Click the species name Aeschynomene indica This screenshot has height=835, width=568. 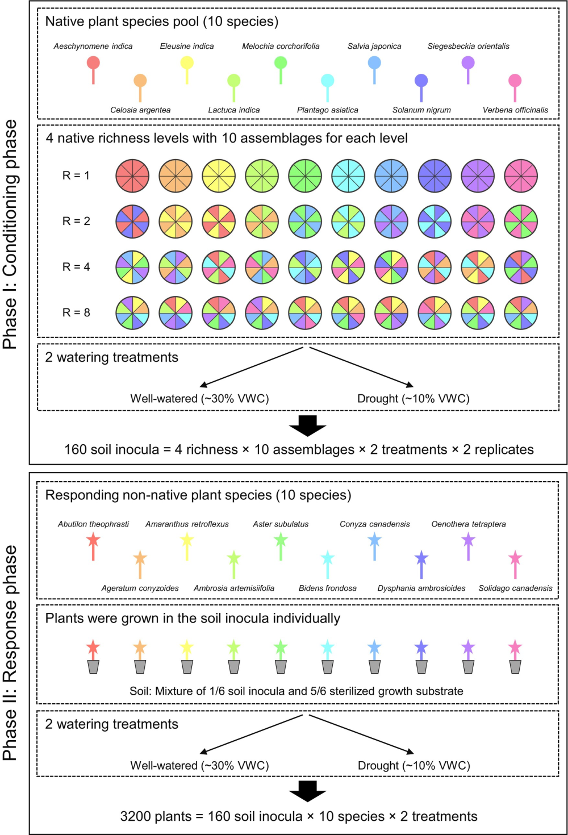tap(93, 46)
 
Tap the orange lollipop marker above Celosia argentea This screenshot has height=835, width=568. tap(140, 87)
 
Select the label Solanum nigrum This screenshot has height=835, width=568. tap(421, 110)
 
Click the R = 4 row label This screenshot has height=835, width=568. tap(76, 267)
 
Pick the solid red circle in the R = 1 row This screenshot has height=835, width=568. tap(132, 176)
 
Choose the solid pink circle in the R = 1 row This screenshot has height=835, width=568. tap(521, 176)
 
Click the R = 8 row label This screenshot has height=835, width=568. tap(76, 312)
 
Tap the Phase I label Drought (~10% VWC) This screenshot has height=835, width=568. tap(414, 399)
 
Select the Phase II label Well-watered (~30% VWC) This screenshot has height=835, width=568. tap(199, 765)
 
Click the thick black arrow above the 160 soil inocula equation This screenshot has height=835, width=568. tap(307, 425)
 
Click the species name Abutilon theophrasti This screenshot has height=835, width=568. tap(93, 524)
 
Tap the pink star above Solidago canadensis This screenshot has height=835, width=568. tap(515, 564)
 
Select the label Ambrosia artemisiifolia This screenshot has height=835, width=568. tap(233, 588)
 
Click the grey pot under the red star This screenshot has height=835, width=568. tap(93, 667)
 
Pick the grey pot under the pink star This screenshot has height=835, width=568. tap(515, 667)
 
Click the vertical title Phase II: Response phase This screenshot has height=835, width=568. tap(10, 653)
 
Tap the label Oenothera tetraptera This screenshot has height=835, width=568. tap(469, 524)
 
